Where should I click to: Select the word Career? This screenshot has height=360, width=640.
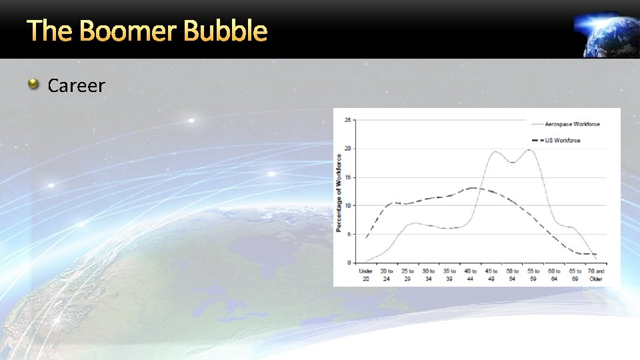[77, 85]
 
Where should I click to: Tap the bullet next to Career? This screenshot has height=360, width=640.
[33, 84]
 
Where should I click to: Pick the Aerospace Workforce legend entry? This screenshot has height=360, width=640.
[572, 124]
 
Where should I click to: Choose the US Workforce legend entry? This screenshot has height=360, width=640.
[563, 141]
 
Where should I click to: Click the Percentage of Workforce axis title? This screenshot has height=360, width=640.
[339, 194]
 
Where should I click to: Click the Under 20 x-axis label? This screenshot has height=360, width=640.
[365, 275]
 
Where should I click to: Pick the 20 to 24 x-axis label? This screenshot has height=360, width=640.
[387, 275]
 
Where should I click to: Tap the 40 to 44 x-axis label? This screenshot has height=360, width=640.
[471, 275]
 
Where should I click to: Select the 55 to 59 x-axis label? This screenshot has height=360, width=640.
[533, 275]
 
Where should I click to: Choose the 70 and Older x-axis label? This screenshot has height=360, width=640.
[596, 275]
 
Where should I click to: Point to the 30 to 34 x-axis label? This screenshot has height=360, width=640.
[429, 275]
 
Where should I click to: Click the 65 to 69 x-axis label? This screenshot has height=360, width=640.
[575, 275]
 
